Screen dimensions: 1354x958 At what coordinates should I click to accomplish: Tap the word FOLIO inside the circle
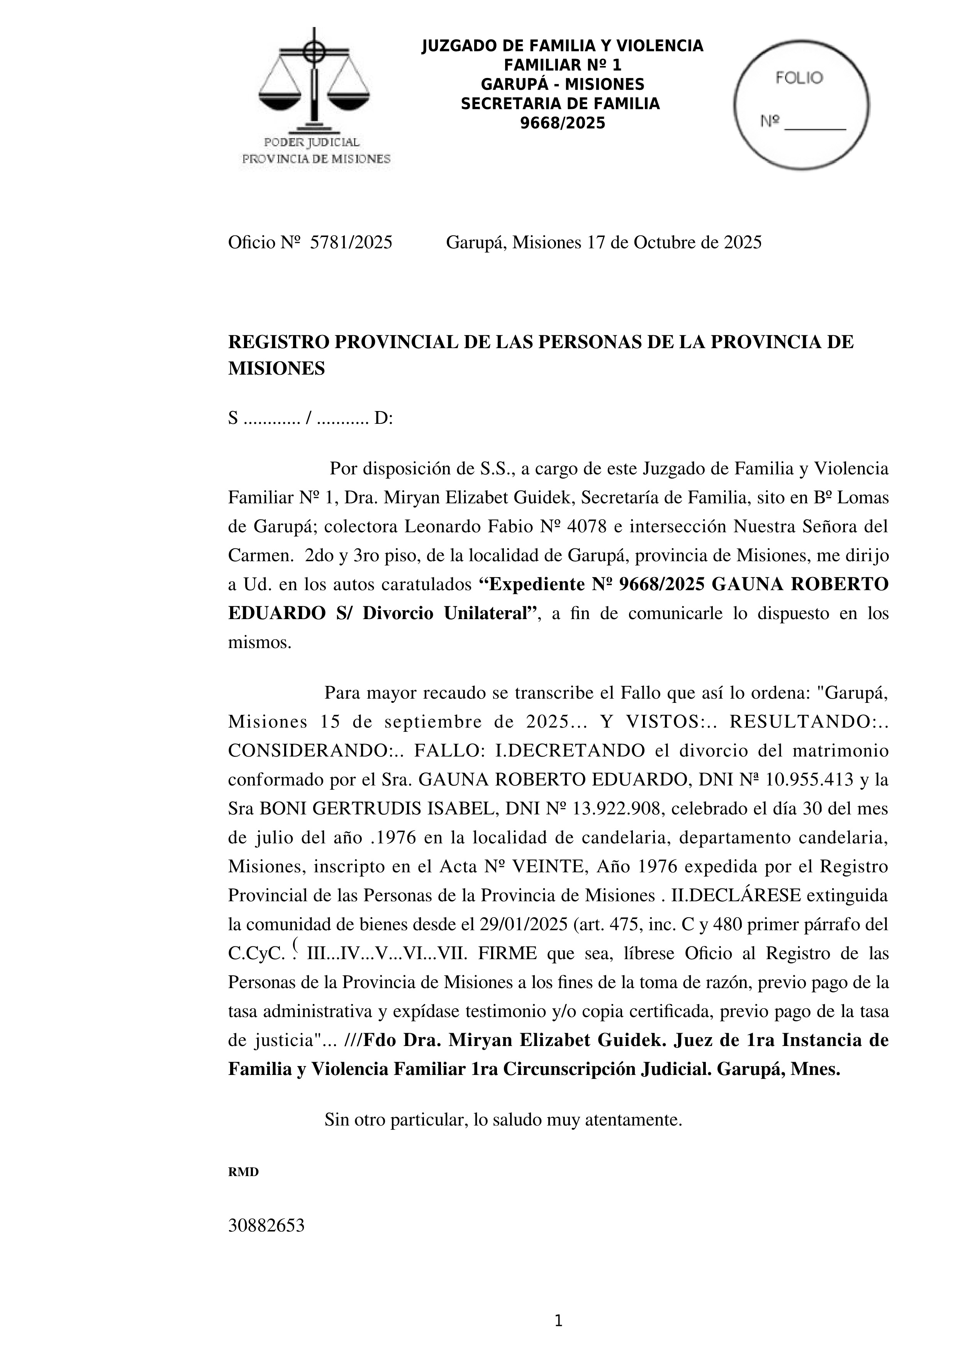(799, 78)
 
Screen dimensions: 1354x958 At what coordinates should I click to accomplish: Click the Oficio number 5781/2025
(351, 242)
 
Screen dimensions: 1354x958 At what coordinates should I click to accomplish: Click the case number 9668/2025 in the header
(562, 123)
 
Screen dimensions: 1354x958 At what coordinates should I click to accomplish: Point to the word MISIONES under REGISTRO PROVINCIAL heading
(276, 369)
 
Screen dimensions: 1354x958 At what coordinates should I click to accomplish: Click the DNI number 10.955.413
(809, 780)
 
